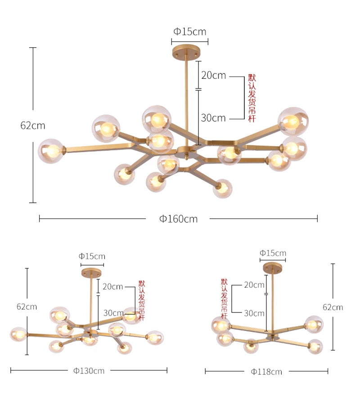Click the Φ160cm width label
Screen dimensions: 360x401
(x=179, y=219)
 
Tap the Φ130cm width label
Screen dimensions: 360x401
(x=89, y=370)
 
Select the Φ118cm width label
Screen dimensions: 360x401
(x=266, y=372)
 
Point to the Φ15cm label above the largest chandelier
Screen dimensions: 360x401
(x=190, y=32)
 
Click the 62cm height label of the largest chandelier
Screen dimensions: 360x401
(x=33, y=125)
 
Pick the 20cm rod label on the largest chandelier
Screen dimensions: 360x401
(x=214, y=76)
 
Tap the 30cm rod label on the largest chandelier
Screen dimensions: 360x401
(x=213, y=118)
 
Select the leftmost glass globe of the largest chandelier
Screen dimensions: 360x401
(x=51, y=151)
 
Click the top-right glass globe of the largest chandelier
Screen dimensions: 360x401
(x=293, y=122)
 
